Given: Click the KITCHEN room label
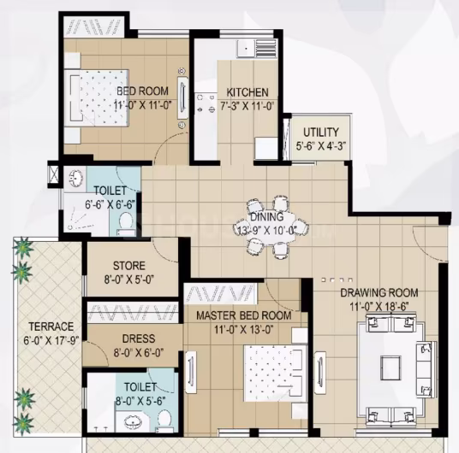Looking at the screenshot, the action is pos(247,92).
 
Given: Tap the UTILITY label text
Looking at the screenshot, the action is pos(321,132).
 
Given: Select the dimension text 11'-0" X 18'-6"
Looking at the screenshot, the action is pos(379,307).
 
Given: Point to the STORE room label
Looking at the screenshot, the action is pos(129,266).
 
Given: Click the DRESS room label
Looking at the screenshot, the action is pos(139,338).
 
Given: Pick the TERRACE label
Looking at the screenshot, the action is pos(51,327).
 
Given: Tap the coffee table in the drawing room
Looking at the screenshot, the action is pos(390,368).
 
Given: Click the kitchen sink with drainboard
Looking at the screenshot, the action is pos(257,48).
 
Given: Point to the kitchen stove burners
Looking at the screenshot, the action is pos(206,104).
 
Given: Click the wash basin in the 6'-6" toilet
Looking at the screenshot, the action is pos(76,177).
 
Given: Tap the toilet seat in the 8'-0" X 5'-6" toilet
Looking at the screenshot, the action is pos(164,420).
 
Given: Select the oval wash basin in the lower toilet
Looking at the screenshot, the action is pos(134,422).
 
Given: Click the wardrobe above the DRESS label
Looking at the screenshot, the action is pos(133,312).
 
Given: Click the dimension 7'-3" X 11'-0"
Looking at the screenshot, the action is pos(247,106).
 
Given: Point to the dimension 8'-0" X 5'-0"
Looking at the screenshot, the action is pos(129,279).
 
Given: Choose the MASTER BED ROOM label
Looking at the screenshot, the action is pos(244,315).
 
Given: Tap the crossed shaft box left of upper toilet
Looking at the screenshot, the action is pos(54,174).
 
